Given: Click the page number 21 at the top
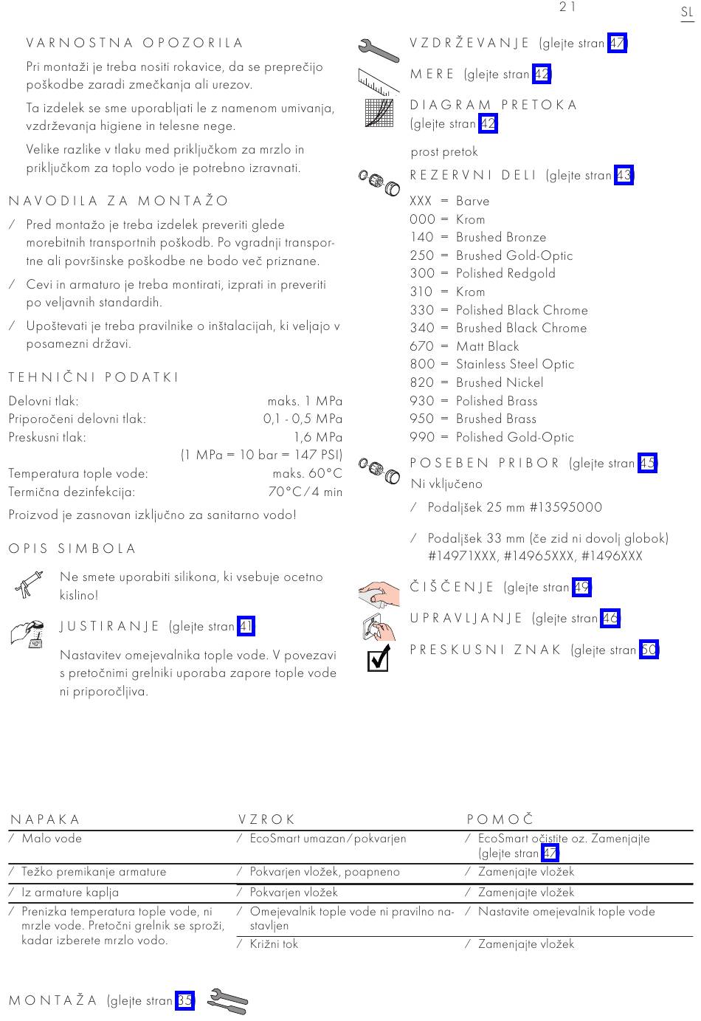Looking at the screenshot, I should point(567,7).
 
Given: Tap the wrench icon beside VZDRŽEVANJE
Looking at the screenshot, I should point(378,49).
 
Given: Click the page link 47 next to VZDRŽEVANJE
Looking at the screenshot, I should point(617,44).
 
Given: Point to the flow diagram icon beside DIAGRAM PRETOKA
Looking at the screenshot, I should point(379,113).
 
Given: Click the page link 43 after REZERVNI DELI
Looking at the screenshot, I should point(624,176).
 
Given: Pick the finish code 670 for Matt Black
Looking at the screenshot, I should point(421,346).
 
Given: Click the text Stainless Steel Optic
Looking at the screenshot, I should point(514,365).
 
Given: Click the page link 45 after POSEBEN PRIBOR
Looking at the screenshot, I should point(647,464).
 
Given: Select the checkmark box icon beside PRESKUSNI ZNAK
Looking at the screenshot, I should point(379,658).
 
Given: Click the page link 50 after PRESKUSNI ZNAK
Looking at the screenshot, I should point(649,650).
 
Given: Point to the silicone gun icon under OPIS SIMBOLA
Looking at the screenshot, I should point(28,584).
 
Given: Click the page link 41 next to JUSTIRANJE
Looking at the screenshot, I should point(246,627).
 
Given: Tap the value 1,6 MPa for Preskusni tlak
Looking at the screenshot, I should point(318,437).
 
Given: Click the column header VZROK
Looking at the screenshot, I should point(266,819).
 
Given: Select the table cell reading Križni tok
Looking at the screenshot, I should point(274,944).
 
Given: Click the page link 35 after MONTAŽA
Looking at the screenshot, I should point(184,1001).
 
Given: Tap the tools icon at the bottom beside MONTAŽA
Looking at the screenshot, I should point(228,1001).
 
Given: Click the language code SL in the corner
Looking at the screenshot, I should point(686,13).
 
